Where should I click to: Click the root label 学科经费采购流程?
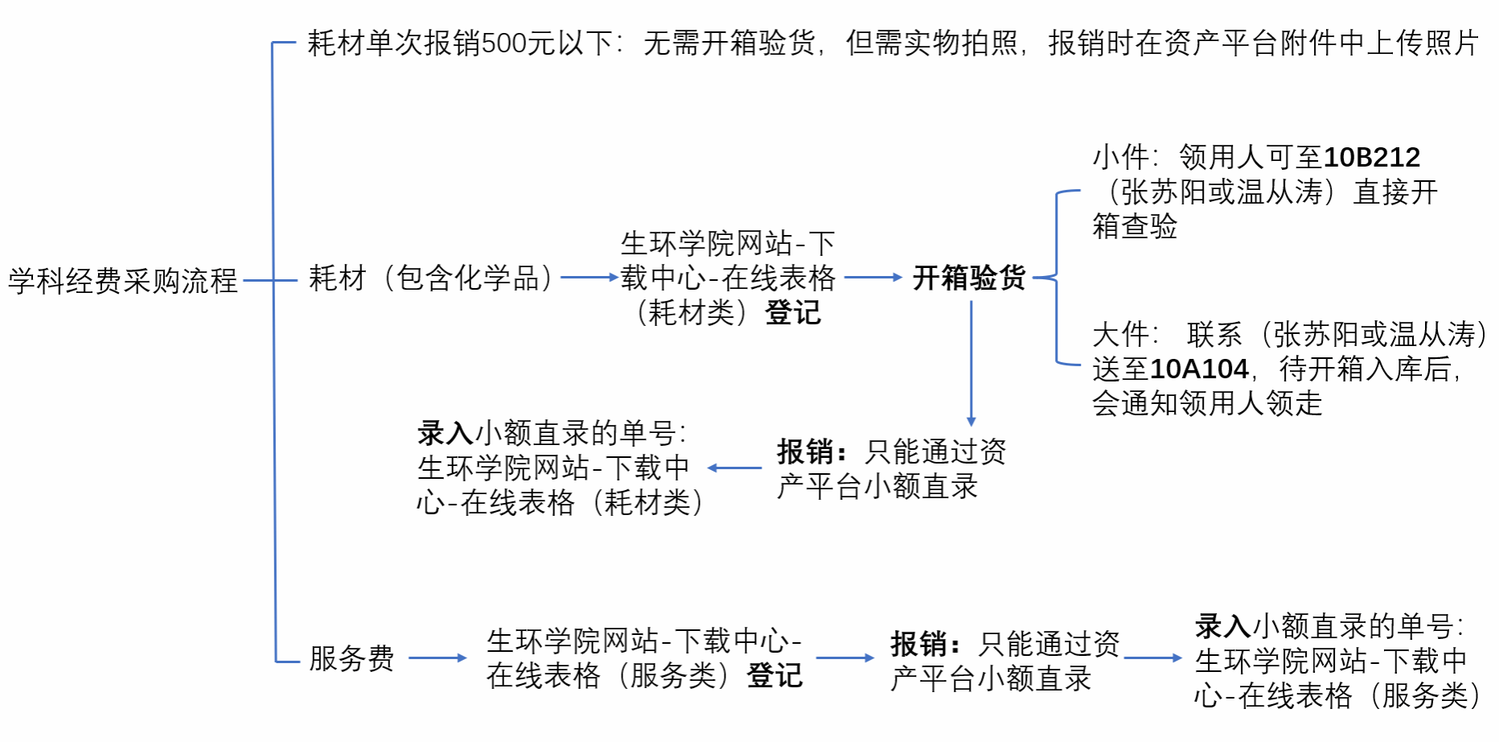(123, 281)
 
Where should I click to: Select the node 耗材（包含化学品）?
(432, 278)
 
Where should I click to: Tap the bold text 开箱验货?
(969, 278)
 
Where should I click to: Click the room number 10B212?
(1372, 157)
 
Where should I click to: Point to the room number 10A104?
(1200, 369)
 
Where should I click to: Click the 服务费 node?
(351, 658)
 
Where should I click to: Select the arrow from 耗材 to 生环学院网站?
(589, 278)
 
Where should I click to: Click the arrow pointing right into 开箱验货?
(873, 278)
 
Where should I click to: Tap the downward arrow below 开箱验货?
(971, 363)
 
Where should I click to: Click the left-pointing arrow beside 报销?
(734, 468)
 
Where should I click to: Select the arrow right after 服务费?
(437, 657)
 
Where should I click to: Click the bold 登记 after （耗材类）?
(793, 312)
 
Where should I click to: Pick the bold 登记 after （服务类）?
(775, 676)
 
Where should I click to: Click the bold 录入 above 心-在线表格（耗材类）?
(446, 433)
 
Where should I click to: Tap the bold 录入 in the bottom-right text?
(1223, 625)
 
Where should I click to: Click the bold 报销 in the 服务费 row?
(918, 644)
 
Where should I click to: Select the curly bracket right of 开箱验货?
(1056, 278)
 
